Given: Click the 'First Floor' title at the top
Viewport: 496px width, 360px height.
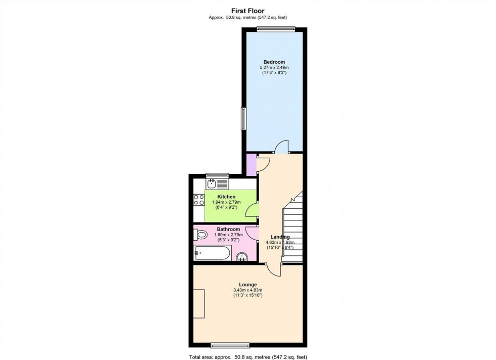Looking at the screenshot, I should tap(247, 10).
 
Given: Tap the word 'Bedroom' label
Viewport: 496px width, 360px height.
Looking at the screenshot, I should tap(274, 62).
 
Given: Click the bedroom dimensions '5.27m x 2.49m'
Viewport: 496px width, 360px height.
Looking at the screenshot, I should tap(274, 67).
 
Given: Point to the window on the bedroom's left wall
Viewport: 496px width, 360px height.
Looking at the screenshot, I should tap(243, 119).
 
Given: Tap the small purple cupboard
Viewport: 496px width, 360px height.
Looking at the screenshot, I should tap(251, 165).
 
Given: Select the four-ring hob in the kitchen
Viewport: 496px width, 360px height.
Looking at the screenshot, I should tap(198, 199).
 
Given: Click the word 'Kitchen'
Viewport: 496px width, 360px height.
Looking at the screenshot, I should tap(226, 197).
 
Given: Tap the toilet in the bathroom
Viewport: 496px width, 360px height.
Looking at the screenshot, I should tap(201, 235).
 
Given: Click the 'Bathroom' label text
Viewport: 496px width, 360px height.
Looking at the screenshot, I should tap(228, 229).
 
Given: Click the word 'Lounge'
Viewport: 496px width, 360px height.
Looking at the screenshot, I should tap(247, 285).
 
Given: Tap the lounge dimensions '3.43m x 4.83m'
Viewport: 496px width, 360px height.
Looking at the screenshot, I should tap(247, 290).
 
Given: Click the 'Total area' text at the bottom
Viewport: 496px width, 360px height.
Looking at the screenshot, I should tap(247, 356).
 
